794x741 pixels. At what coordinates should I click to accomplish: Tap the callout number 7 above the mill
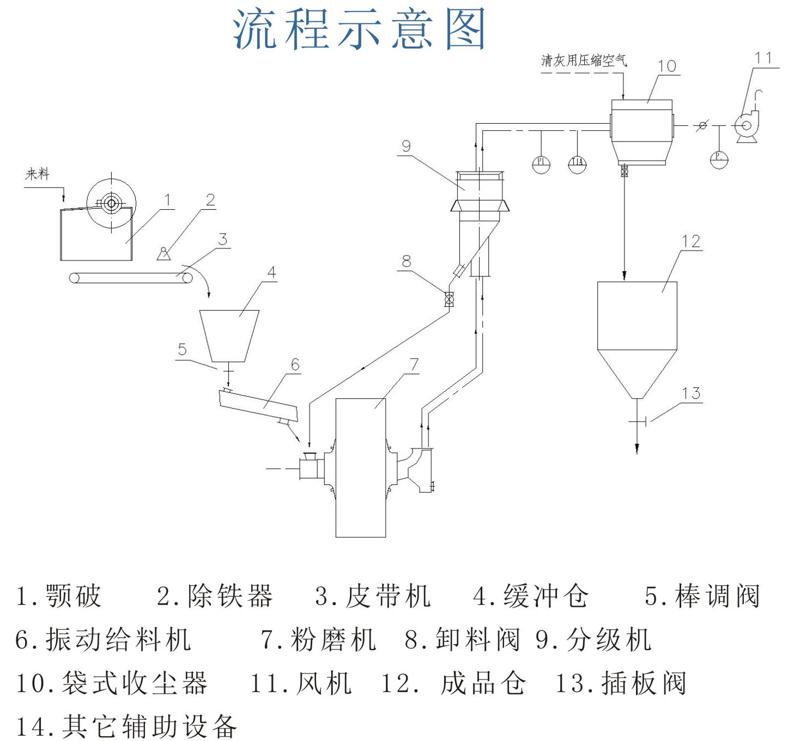(414, 365)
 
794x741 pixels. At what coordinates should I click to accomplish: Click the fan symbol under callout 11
(745, 126)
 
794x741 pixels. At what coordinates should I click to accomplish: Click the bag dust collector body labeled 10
(641, 131)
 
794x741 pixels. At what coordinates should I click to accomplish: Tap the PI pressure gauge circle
(541, 163)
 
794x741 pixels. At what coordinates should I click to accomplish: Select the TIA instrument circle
(577, 163)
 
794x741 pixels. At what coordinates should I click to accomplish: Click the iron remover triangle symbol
(163, 254)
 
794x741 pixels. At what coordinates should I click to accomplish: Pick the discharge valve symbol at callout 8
(449, 299)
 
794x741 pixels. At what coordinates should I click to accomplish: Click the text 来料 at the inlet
(37, 174)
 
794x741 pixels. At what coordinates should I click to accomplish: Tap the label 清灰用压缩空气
(584, 60)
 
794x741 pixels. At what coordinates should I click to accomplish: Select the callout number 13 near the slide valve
(691, 393)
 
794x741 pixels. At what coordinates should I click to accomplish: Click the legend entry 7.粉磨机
(318, 640)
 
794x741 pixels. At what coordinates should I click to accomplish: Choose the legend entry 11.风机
(300, 683)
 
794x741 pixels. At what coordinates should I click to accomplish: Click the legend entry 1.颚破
(59, 596)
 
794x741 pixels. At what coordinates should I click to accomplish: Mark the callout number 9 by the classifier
(406, 146)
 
